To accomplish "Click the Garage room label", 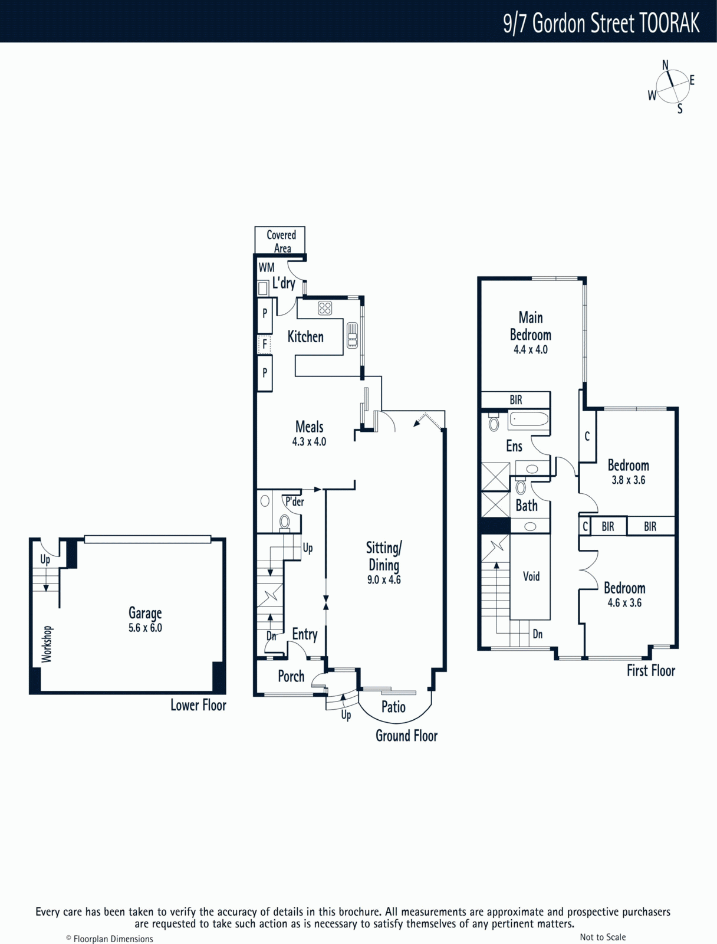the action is click(145, 612).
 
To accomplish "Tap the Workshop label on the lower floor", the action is click(47, 644).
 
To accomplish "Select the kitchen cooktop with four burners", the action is click(325, 308).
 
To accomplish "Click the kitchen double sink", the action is click(352, 335).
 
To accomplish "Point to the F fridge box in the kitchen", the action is click(264, 344).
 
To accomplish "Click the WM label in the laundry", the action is click(267, 267).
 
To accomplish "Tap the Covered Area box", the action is click(279, 240).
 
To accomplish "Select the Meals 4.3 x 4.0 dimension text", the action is click(310, 442).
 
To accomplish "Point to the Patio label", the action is click(393, 707).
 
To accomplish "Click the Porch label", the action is click(291, 677).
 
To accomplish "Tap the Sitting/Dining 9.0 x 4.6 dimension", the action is click(384, 580).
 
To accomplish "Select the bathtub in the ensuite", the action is click(528, 419).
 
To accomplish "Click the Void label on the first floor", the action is click(531, 576).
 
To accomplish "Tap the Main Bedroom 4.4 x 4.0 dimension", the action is click(531, 350).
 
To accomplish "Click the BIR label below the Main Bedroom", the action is click(516, 400).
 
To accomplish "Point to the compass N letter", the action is click(666, 65).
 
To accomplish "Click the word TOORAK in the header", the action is click(670, 23).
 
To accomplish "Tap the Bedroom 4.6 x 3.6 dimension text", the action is click(624, 602).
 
